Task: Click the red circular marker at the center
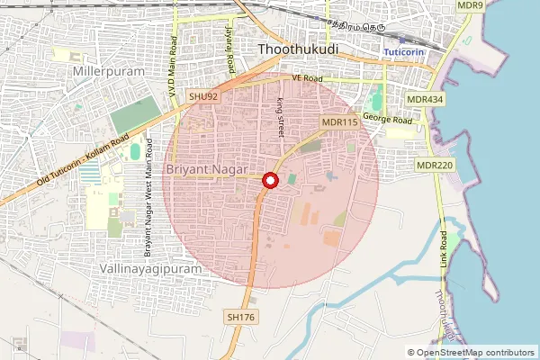[269, 181]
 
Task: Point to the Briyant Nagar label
[208, 169]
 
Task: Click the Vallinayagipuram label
[146, 268]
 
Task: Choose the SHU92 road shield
[203, 95]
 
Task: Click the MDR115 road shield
[340, 121]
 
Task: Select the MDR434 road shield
[425, 98]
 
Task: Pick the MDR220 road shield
[435, 166]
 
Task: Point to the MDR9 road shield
[470, 5]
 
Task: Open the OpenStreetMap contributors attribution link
[476, 353]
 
